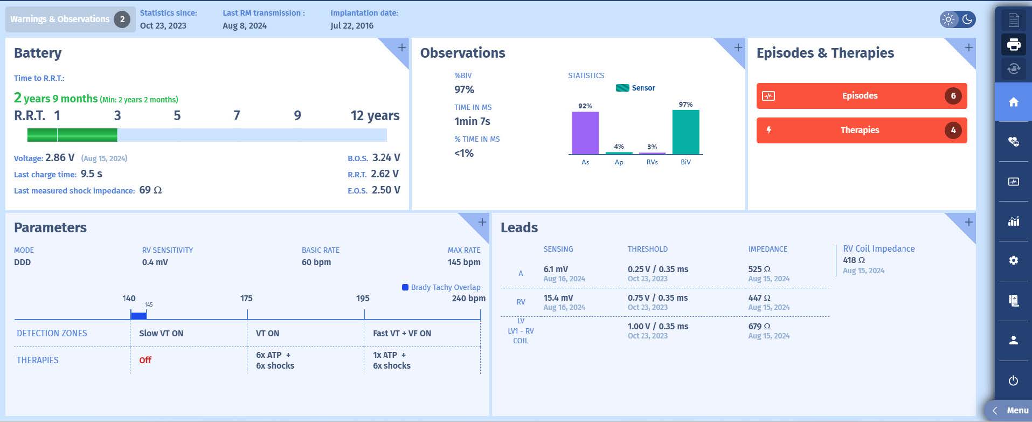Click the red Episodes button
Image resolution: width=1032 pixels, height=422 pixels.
coord(861,96)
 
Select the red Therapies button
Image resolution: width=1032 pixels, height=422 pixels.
coord(861,130)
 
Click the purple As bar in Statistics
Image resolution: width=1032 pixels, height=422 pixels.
coord(585,133)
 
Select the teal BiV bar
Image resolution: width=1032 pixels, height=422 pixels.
coord(685,132)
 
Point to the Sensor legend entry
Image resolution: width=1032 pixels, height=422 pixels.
coord(636,88)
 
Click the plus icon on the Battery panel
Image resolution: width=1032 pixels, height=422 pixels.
coord(402,47)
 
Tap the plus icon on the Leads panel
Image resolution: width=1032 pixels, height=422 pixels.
coord(968,222)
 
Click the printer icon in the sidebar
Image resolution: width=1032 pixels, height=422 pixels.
coord(1013,44)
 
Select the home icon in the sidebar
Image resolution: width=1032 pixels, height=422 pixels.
coord(1013,102)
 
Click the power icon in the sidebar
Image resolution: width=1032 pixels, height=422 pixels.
coord(1013,381)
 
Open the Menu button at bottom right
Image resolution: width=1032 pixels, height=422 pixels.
coord(1011,411)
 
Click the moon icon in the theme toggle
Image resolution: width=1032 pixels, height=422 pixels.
coord(967,20)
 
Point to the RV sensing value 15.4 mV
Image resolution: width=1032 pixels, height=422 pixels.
coord(558,298)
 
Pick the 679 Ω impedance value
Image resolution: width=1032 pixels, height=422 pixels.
coord(759,326)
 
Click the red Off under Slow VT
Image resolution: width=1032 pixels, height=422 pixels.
coord(145,360)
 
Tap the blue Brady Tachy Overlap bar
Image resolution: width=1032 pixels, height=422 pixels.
coord(138,315)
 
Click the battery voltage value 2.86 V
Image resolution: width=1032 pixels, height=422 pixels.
coord(60,158)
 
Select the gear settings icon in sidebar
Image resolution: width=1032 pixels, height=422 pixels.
coord(1013,260)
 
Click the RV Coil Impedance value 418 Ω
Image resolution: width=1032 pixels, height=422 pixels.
coord(854,260)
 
